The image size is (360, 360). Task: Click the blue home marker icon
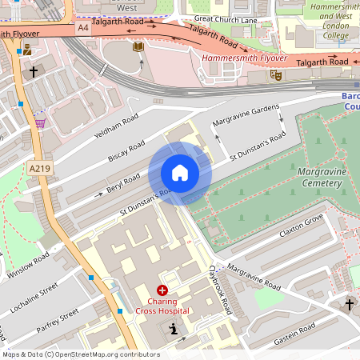180,173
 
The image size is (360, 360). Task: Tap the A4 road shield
83,27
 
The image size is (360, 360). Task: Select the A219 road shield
38,169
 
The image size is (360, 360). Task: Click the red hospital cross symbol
162,291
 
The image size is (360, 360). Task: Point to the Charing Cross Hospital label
162,306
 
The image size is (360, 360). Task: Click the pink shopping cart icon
40,123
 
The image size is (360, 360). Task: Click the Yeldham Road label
116,126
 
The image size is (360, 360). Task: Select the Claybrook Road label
219,289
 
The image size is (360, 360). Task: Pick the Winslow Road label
29,266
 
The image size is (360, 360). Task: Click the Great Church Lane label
225,18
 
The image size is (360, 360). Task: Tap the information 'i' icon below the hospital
174,329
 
